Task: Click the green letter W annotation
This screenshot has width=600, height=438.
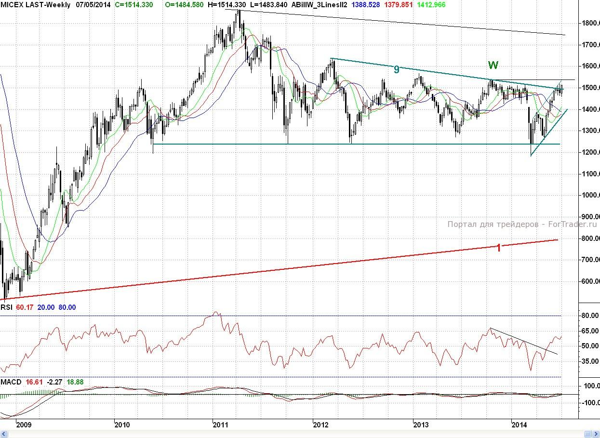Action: [493, 65]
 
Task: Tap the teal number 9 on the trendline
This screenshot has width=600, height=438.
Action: [397, 69]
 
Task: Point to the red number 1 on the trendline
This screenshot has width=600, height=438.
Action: [499, 248]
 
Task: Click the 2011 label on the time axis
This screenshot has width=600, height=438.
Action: [220, 425]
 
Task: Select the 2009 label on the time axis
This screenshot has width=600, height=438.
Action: [23, 425]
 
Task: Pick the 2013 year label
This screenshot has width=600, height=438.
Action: [421, 425]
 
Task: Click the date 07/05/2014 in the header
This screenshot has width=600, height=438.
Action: [93, 5]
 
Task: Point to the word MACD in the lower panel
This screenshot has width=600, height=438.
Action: [11, 382]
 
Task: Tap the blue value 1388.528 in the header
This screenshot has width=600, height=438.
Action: [367, 5]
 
